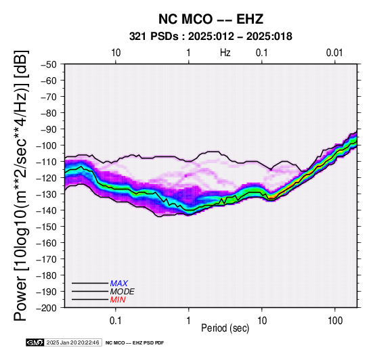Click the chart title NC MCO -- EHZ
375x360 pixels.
pos(211,19)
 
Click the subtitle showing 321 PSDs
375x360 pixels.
pos(211,37)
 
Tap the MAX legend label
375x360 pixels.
pos(119,284)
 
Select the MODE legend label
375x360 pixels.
pos(123,292)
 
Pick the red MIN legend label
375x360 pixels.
pos(118,300)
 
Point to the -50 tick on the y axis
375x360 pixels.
pos(49,64)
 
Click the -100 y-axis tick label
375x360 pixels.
pos(47,145)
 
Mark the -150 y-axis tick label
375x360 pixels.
pos(47,227)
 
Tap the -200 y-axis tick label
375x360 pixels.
pos(47,308)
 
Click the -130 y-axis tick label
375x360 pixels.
pos(47,194)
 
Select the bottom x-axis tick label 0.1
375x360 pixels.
pos(116,321)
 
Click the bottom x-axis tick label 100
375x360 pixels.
pos(335,321)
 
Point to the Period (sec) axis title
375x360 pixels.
pos(225,328)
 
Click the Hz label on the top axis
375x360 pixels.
pos(225,53)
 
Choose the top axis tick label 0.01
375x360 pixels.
pos(334,53)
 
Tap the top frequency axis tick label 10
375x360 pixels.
pos(116,53)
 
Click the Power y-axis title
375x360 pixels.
pos(21,185)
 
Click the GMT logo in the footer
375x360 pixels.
pos(35,342)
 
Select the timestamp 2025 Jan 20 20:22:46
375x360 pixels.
pos(73,342)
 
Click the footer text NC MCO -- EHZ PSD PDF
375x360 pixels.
pos(135,343)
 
